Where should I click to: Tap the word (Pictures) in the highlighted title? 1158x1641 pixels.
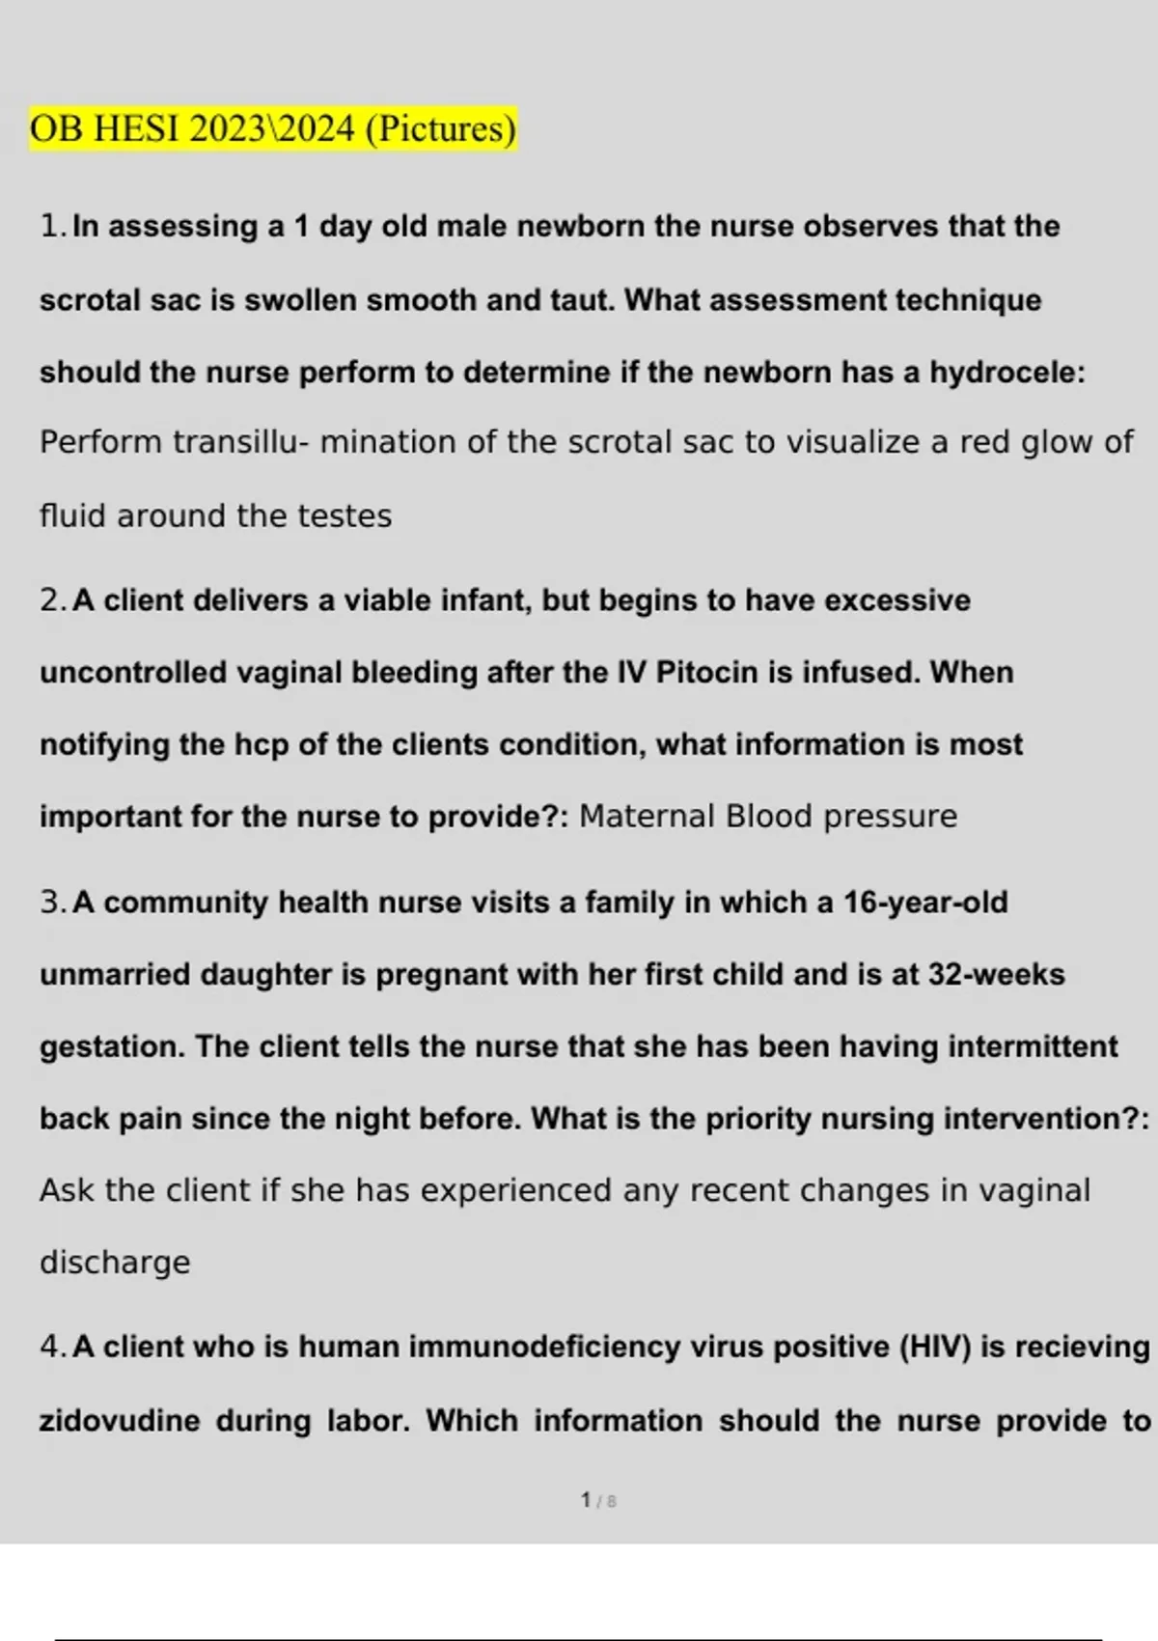point(441,128)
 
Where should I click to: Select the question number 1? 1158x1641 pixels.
point(51,226)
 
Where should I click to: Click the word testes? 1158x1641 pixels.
point(345,515)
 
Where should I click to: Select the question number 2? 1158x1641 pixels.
point(51,600)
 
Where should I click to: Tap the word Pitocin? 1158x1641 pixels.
point(706,672)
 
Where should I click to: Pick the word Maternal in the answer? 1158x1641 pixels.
point(647,817)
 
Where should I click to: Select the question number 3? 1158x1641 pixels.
point(51,903)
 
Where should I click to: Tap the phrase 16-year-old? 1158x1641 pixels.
point(925,903)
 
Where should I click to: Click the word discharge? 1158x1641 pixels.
point(115,1263)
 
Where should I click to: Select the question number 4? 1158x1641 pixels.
point(51,1347)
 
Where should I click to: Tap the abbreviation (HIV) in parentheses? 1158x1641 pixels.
point(934,1347)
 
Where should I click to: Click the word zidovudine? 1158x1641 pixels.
point(120,1421)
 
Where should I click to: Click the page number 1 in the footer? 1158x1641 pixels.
point(586,1500)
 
